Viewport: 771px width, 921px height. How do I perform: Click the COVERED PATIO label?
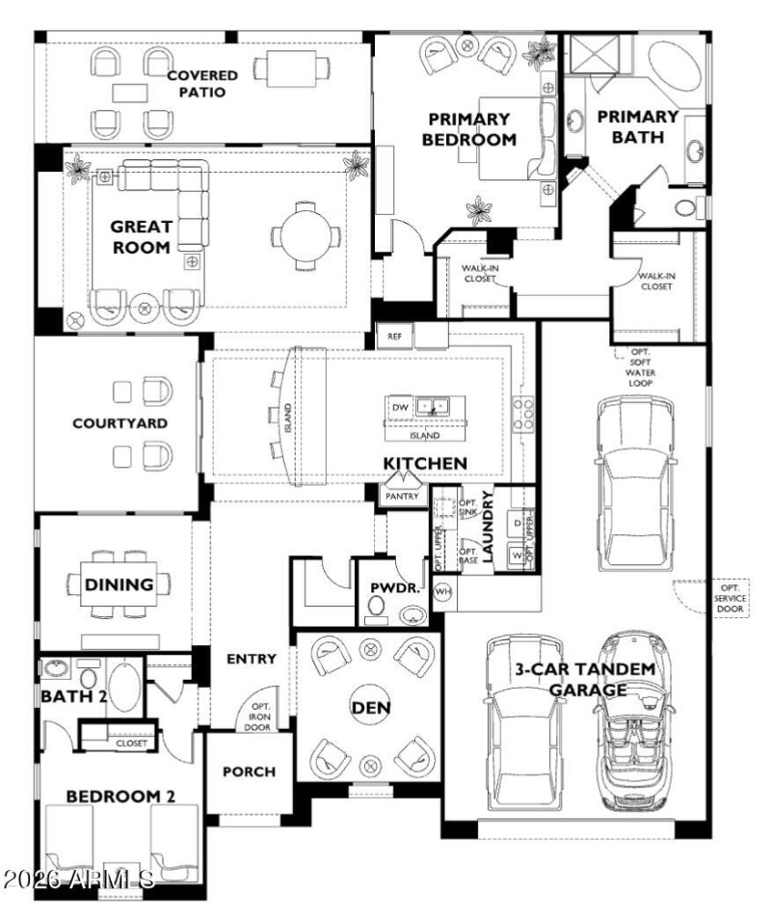197,84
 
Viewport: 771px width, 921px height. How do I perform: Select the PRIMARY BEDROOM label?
468,129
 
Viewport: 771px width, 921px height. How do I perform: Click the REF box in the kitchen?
394,337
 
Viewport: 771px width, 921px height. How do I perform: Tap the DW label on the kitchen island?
401,408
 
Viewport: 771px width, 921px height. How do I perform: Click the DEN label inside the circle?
371,708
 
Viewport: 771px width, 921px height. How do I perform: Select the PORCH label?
249,772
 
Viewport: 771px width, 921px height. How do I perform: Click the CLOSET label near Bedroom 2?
131,744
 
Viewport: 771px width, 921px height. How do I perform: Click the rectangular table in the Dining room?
120,584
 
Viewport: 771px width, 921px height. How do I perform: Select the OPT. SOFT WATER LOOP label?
639,367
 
